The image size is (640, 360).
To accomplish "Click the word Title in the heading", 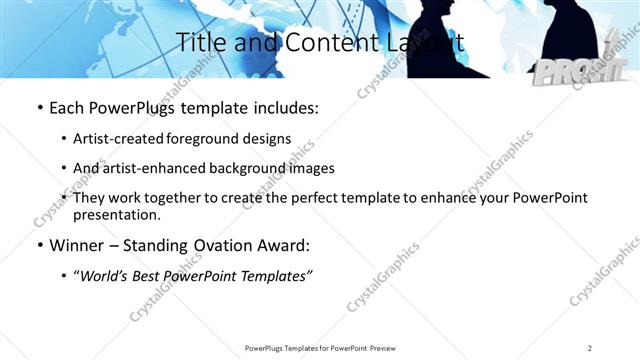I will tap(198, 43).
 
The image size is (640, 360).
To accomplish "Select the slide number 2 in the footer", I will tap(590, 348).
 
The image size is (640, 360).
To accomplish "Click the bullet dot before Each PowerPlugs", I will tap(38, 107).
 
